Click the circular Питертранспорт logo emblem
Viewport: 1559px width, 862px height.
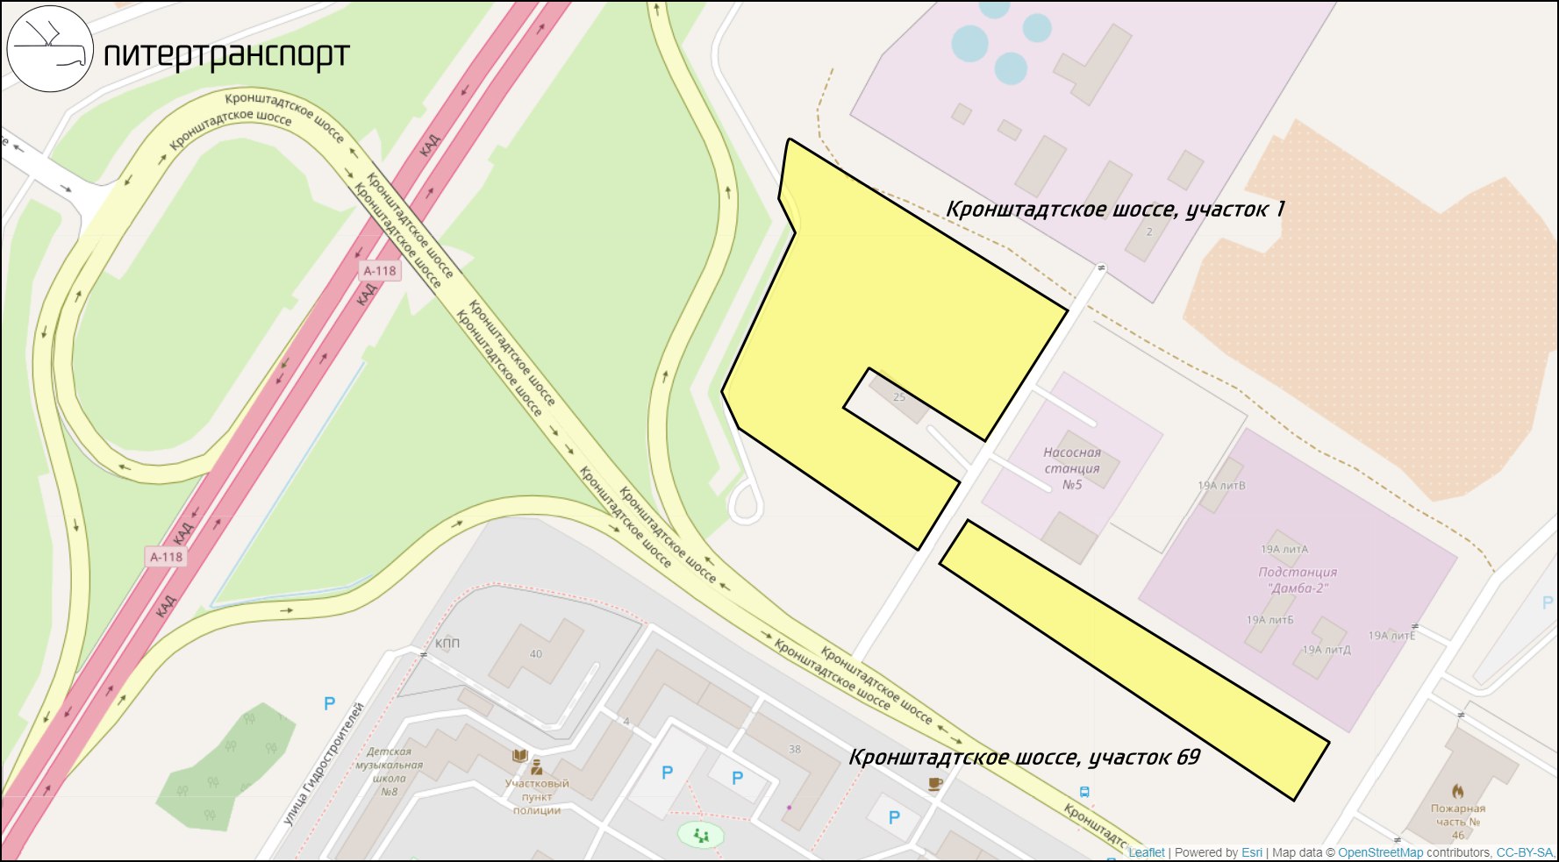(50, 48)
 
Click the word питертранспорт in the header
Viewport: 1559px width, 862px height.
(226, 55)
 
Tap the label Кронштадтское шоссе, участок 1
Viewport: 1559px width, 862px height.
(1115, 210)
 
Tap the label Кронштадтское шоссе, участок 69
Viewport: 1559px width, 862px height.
(1024, 758)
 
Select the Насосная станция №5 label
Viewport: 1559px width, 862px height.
(1071, 468)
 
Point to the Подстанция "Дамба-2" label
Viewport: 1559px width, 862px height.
(1298, 580)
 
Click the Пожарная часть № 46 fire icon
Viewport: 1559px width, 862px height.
(1457, 791)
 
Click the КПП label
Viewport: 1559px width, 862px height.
(447, 644)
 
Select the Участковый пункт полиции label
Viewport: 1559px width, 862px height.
(537, 796)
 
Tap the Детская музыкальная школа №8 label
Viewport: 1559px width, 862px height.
(389, 771)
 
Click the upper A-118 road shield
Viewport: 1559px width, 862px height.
(380, 271)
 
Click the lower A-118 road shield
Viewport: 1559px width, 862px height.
(166, 557)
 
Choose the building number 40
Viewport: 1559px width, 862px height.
(536, 654)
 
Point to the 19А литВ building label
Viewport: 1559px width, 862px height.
(1221, 486)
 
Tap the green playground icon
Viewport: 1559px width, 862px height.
(700, 835)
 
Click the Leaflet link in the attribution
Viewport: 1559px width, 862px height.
(1146, 852)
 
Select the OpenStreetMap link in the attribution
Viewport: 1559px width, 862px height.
(1380, 852)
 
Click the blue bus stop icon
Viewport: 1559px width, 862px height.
(1084, 792)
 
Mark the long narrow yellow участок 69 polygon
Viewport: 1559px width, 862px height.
(1132, 658)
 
